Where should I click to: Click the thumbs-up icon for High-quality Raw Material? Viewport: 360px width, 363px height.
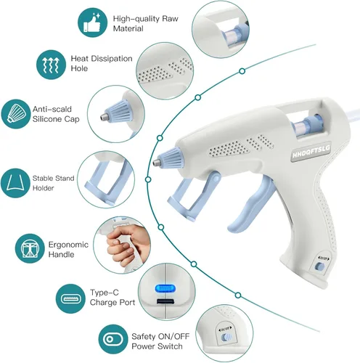92,23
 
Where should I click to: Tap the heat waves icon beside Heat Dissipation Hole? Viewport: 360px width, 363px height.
51,65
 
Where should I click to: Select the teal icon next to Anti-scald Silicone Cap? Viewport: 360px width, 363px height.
16,114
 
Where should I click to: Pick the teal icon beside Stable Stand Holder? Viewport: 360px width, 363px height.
15,183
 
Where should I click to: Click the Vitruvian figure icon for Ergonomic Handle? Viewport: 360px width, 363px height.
30,248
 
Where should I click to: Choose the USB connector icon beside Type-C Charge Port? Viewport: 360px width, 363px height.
70,299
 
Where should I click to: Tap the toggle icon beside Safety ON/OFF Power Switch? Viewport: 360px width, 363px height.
113,339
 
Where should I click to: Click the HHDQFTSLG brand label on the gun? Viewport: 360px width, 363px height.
311,152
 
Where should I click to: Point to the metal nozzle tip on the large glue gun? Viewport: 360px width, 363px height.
155,163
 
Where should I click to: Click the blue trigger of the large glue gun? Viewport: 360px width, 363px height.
252,205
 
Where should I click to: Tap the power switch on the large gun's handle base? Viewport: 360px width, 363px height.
320,266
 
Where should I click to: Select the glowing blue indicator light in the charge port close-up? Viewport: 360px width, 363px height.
165,288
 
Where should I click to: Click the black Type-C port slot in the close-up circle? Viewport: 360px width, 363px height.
165,301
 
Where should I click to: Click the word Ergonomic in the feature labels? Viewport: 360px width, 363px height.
68,245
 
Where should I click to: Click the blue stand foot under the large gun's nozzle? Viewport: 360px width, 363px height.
181,210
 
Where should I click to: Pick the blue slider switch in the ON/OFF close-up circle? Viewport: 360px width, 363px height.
225,338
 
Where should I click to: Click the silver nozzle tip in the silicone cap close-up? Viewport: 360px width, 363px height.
104,116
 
